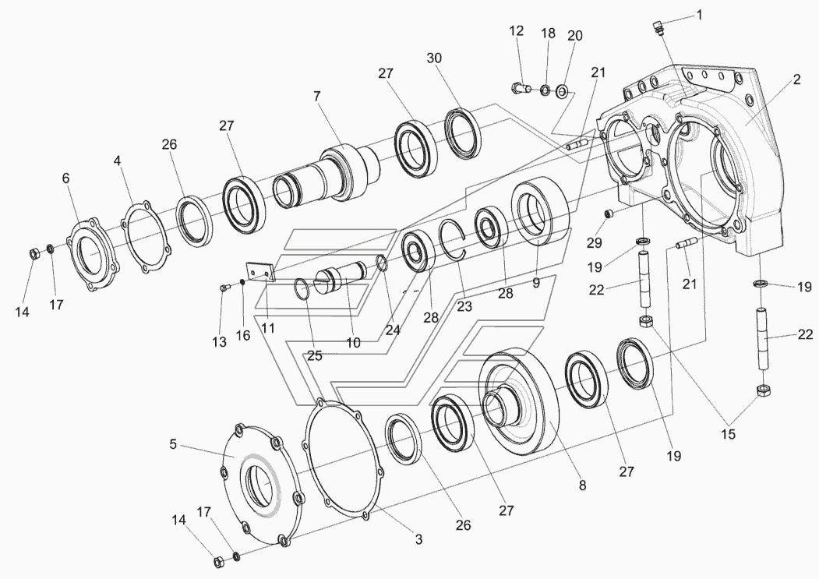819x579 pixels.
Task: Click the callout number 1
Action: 699,14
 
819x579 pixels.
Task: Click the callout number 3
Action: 418,538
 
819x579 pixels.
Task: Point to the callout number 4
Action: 118,161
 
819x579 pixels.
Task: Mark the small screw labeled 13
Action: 224,288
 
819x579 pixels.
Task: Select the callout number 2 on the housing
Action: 796,79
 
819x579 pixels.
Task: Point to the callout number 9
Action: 536,284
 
